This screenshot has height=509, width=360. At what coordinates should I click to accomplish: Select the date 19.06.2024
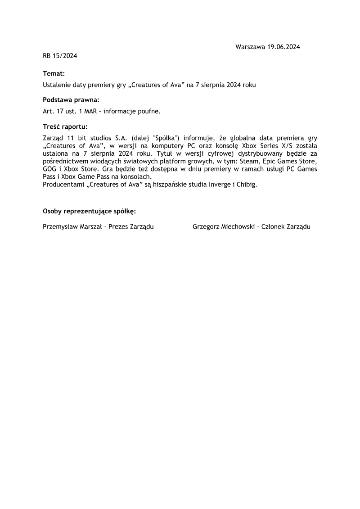click(283, 47)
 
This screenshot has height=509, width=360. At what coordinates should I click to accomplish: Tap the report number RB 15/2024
click(60, 56)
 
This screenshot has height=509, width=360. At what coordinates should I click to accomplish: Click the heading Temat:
click(54, 73)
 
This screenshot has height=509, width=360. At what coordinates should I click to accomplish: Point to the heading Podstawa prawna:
click(71, 100)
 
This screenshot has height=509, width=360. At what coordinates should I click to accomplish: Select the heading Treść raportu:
click(65, 126)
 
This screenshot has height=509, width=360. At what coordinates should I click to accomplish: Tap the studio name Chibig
click(247, 185)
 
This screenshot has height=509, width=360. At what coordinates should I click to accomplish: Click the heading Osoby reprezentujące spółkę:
click(89, 211)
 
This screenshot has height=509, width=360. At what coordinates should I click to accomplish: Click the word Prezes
click(119, 227)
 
